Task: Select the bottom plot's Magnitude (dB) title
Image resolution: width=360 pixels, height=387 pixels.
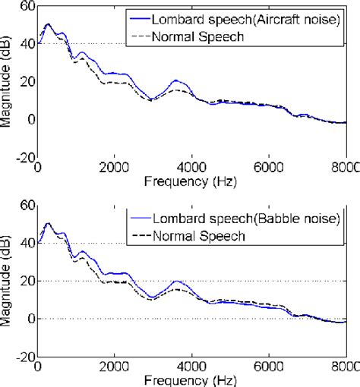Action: coord(7,282)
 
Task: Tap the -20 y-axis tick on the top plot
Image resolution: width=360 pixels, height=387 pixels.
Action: coord(24,158)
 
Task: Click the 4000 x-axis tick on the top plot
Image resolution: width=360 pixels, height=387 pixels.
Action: coord(191,168)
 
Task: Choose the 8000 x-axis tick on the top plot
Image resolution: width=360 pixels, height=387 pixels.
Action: coord(345,168)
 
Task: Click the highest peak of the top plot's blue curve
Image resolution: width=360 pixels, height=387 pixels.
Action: coord(48,24)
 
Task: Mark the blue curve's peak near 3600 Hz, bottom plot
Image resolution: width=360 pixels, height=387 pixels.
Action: coord(176,281)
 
